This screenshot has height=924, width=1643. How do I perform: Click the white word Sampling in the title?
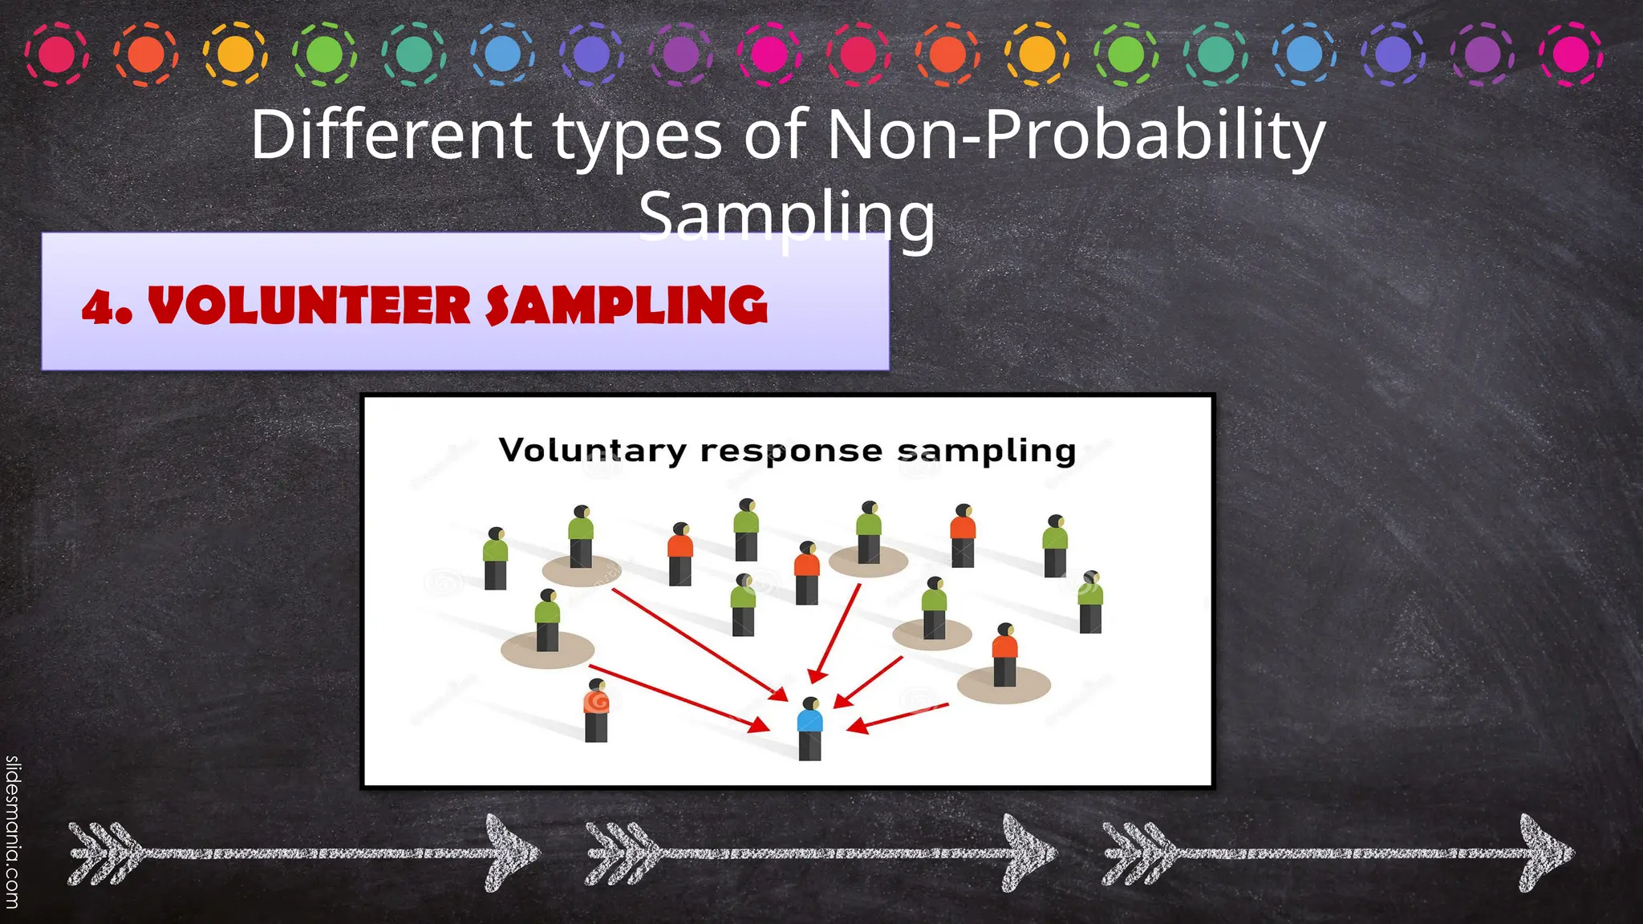(787, 217)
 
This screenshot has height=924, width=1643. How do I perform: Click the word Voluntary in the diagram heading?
(592, 450)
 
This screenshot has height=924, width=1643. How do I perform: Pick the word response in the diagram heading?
(791, 452)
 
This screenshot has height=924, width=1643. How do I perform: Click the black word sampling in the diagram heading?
(986, 452)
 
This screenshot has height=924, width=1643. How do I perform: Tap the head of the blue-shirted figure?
(811, 703)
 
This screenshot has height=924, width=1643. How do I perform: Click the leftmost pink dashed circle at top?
(56, 55)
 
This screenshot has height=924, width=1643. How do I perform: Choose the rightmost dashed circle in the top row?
(1571, 55)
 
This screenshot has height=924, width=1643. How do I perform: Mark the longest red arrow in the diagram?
(698, 642)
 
